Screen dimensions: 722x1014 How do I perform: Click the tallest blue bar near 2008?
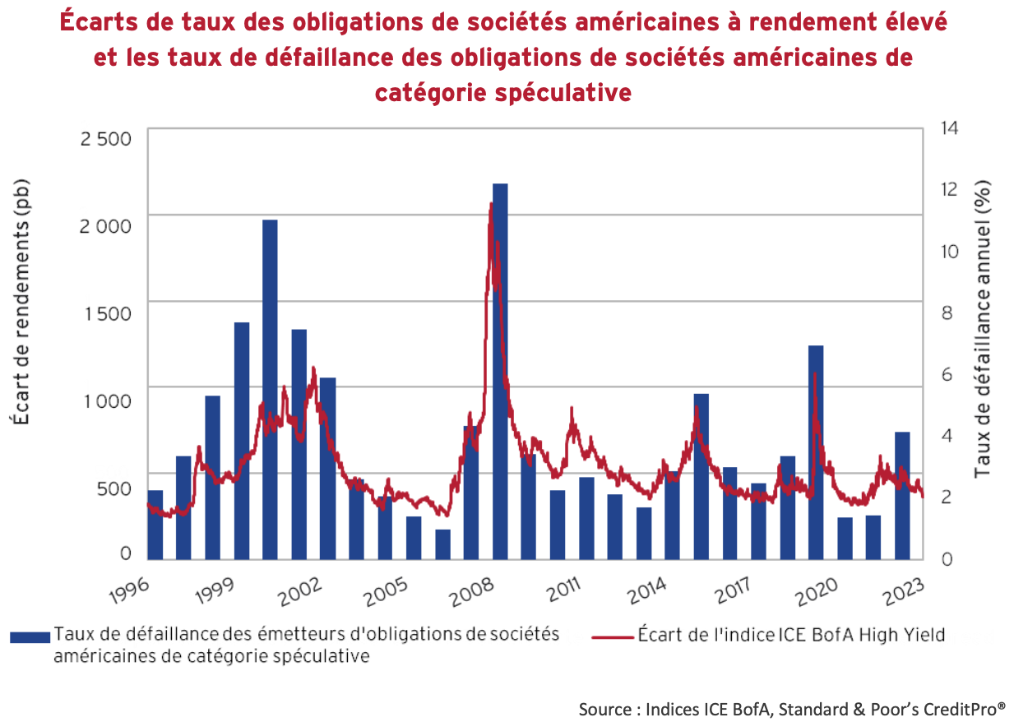500,370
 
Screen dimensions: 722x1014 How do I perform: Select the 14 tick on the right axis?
947,129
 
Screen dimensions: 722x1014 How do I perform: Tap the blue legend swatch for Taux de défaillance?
30,636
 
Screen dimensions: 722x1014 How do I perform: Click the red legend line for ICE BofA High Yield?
612,636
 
